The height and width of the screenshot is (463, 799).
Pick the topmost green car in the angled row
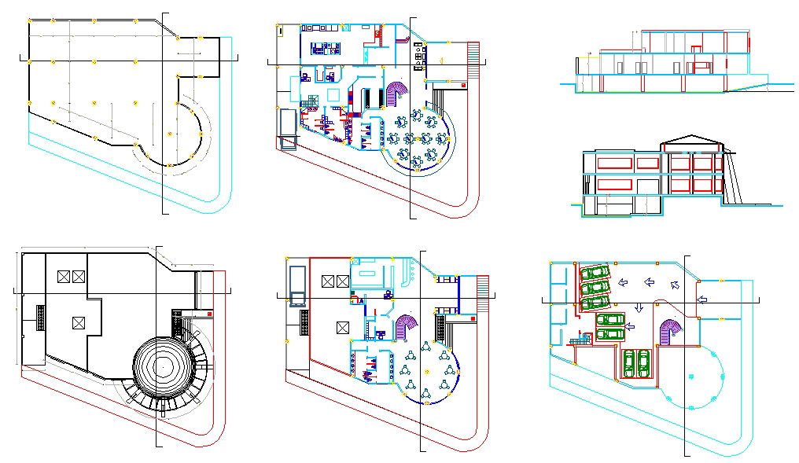click(596, 273)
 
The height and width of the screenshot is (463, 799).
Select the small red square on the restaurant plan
click(464, 83)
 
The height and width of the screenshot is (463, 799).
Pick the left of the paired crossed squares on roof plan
click(64, 276)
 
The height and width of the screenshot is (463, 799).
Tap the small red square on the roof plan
click(209, 313)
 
